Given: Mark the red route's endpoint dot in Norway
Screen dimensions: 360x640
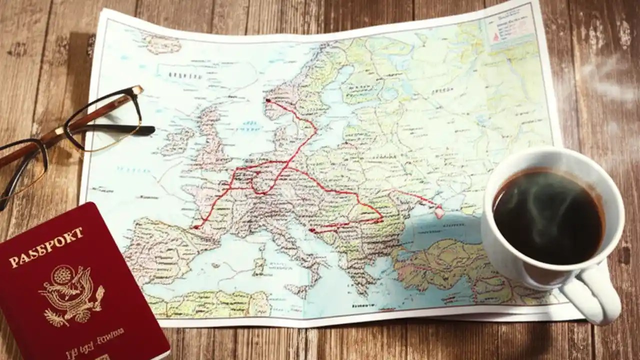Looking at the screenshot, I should tap(268, 100).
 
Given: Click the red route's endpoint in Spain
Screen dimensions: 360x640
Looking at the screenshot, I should tap(196, 227).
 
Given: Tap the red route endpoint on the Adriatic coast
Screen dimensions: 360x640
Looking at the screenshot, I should tap(311, 230).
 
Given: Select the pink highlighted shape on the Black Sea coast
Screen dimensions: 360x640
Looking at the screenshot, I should tap(439, 212).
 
